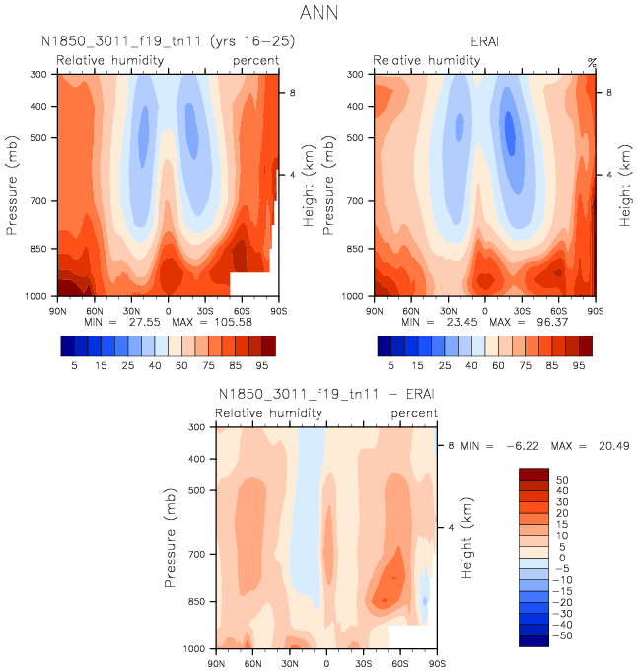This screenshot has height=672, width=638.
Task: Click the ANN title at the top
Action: (318, 14)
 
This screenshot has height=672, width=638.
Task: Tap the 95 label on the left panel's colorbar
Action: (261, 363)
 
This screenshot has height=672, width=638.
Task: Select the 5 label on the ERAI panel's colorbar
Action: (391, 363)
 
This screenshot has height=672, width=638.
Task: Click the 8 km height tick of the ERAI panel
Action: (608, 92)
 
